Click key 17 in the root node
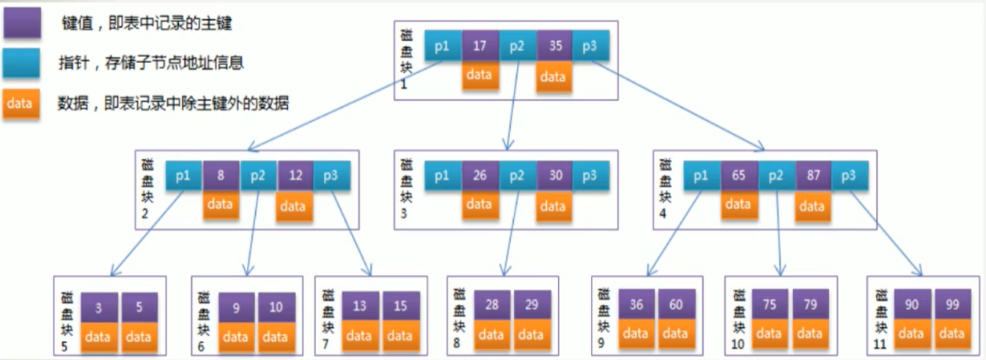coord(480,45)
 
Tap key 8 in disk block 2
coord(221,176)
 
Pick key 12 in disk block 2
coord(295,176)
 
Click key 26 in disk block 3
coord(480,176)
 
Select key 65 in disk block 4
coord(739,176)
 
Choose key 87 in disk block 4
coord(813,176)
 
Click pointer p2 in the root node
coord(518,45)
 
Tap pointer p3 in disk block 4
coord(849,176)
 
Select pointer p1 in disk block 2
coord(184,176)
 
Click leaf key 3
coord(98,306)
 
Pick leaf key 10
coord(276,306)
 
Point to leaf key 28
coord(492,304)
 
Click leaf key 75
coord(769,303)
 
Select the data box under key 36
coord(636,334)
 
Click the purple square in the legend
coord(21,24)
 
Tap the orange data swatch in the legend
coord(21,103)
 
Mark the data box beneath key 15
coord(400,335)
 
